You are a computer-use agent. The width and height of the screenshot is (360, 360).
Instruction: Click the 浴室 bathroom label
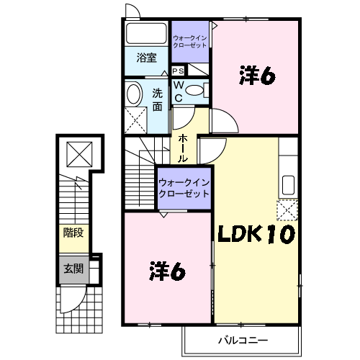[x=147, y=58]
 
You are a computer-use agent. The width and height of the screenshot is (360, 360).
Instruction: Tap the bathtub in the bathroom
[x=146, y=33]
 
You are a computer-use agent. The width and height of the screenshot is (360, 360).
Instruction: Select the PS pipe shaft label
[x=179, y=71]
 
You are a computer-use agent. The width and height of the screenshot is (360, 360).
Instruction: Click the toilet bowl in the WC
[x=194, y=90]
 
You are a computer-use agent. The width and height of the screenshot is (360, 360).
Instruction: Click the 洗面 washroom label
[x=158, y=100]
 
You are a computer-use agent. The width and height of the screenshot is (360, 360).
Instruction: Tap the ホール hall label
[x=183, y=148]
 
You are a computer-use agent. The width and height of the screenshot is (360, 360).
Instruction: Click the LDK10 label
[x=256, y=234]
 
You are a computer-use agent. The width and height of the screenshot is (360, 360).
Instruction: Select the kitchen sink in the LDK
[x=288, y=185]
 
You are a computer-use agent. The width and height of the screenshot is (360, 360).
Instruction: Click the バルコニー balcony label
[x=243, y=341]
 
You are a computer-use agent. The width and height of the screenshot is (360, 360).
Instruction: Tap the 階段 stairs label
[x=73, y=233]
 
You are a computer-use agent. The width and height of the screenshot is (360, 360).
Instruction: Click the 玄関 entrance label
[x=73, y=269]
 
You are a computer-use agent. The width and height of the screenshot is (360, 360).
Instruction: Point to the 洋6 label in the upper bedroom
[x=257, y=76]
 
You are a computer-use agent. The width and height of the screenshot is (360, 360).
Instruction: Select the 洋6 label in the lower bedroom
[x=167, y=271]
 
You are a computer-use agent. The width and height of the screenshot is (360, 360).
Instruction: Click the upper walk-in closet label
[x=190, y=42]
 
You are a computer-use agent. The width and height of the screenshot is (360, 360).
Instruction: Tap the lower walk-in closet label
[x=184, y=188]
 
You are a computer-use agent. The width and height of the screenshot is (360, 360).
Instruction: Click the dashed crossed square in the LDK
[x=287, y=210]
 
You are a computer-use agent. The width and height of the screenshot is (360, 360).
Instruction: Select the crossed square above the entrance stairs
[x=79, y=154]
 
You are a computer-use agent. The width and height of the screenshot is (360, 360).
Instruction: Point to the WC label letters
[x=179, y=91]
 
